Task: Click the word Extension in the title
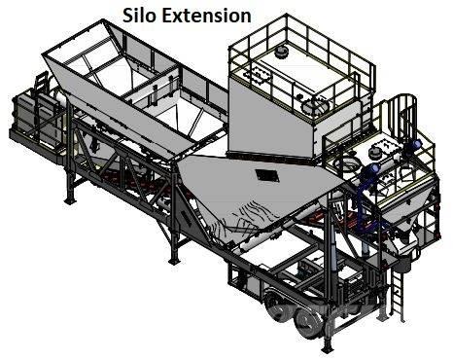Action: coord(206,16)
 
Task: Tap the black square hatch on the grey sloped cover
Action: coord(267,175)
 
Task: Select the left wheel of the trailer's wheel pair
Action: coord(278,306)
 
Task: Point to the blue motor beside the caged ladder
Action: coord(411,144)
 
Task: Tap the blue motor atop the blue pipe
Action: coord(371,168)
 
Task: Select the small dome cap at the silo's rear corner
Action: coord(281,51)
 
